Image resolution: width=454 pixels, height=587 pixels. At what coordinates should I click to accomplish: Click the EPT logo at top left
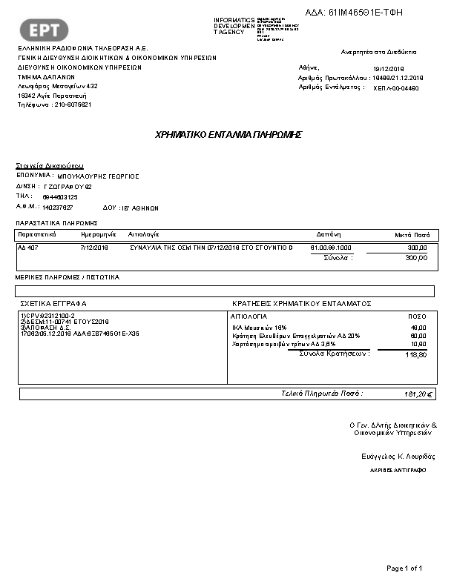point(48,30)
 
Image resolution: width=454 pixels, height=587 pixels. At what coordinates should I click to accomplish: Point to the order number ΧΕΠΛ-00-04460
point(395,87)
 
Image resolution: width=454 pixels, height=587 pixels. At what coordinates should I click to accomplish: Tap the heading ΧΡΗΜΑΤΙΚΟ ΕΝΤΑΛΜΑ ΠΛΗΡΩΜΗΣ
point(228,135)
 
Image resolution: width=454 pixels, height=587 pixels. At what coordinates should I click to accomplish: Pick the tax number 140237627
point(58,208)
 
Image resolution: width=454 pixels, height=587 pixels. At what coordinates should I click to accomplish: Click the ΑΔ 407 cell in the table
point(27,247)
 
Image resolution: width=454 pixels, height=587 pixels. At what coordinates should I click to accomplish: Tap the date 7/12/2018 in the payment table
point(93,247)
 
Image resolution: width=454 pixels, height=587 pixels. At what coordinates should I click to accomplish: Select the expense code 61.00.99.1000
point(331,247)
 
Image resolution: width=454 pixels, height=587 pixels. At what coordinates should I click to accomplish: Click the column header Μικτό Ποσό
point(411,234)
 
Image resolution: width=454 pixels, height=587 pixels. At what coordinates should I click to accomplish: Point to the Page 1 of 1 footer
point(404,568)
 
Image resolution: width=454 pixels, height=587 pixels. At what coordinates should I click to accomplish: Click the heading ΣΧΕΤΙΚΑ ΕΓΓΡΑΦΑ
point(53,304)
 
